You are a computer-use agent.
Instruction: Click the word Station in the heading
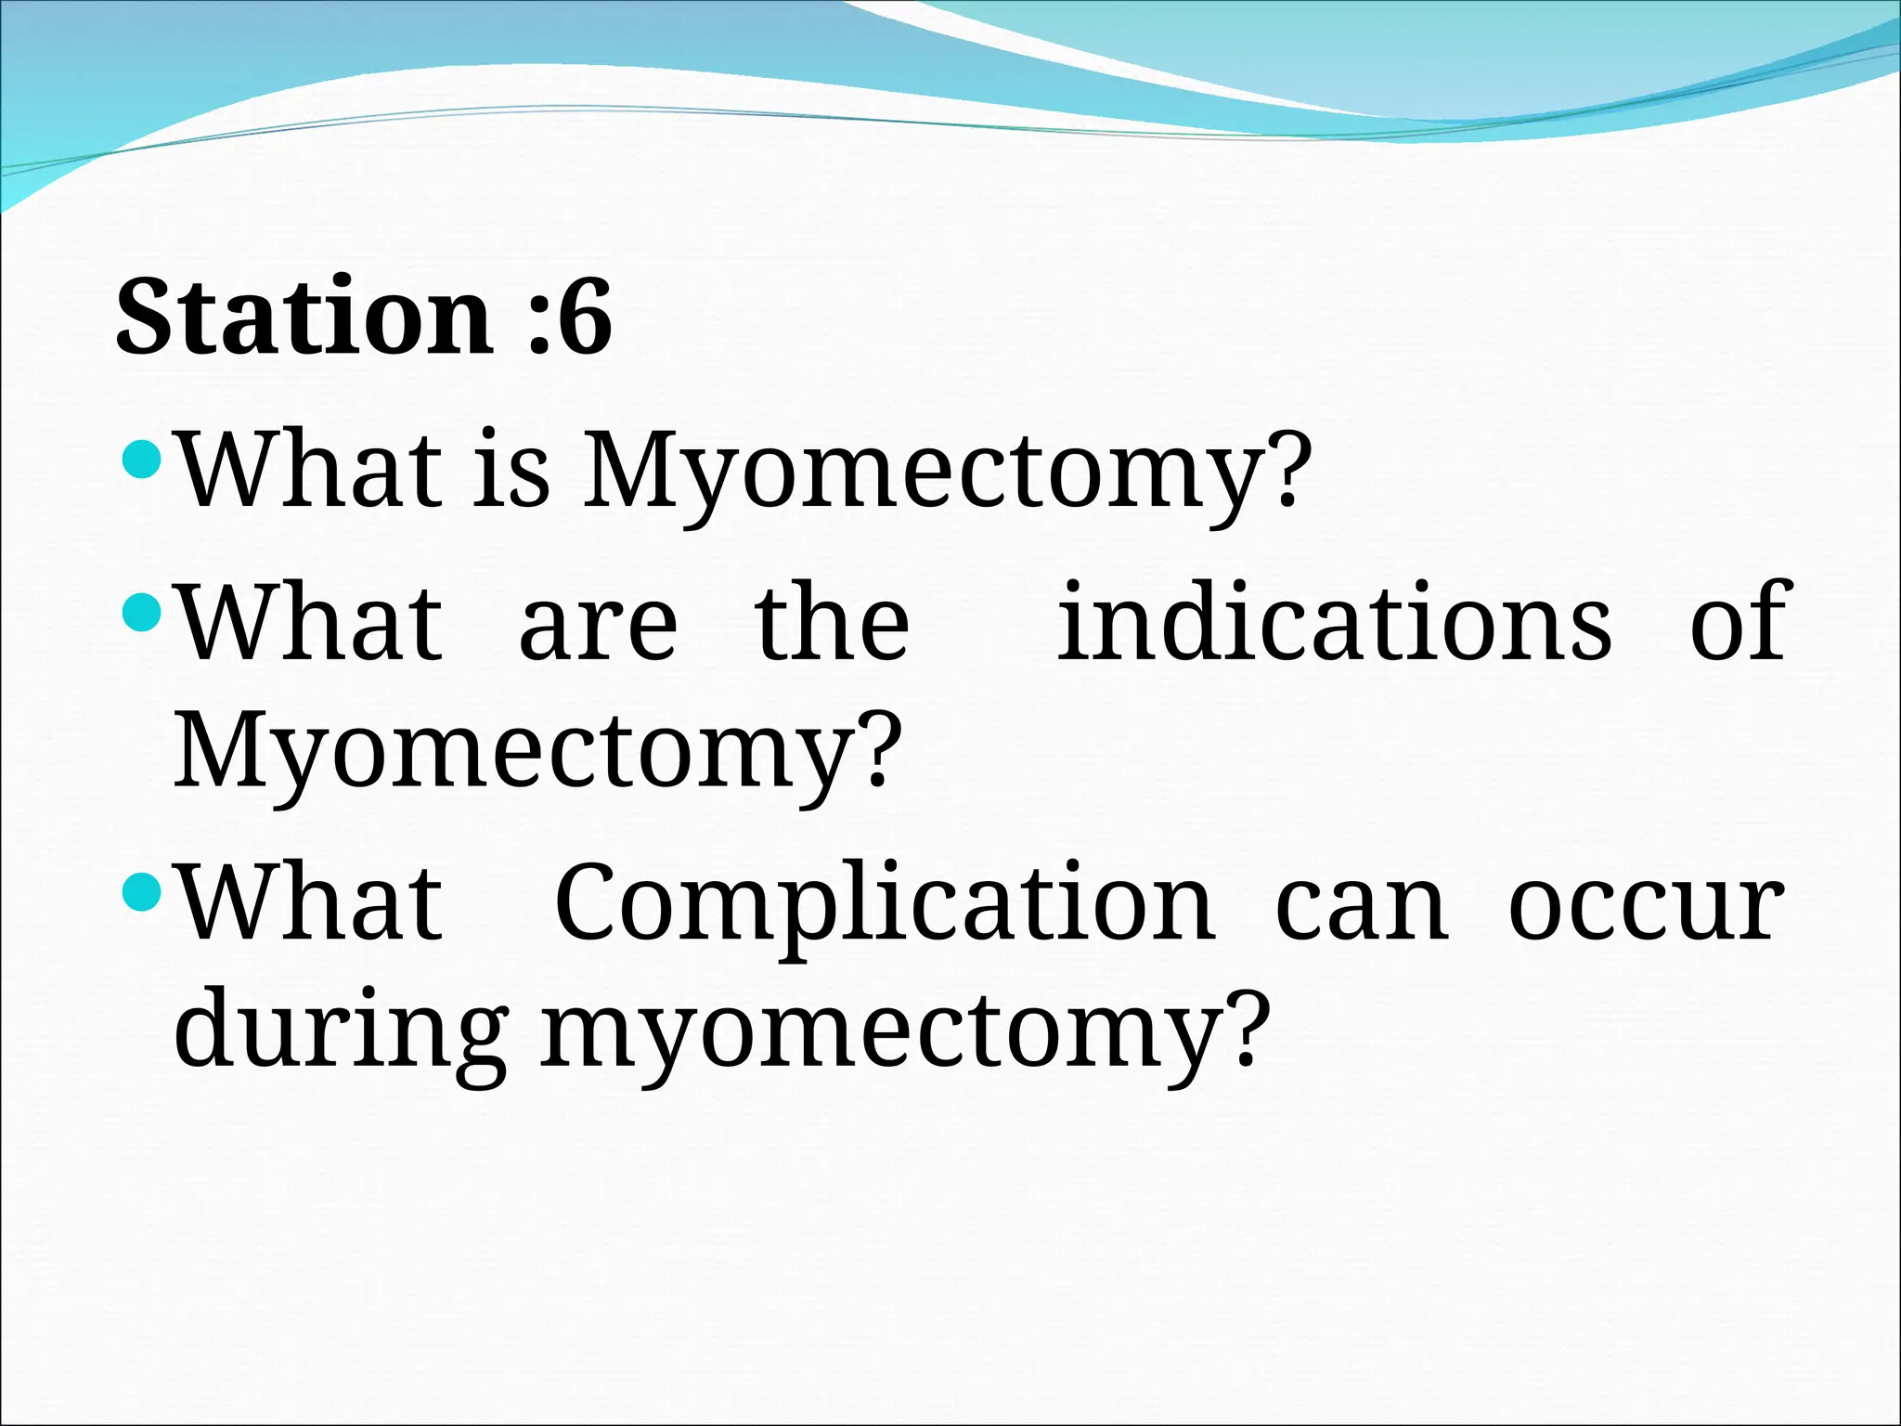pyautogui.click(x=303, y=318)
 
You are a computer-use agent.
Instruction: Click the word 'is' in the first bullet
pyautogui.click(x=511, y=470)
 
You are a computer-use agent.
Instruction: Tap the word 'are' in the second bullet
pyautogui.click(x=598, y=624)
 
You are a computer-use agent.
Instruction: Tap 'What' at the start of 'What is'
pyautogui.click(x=310, y=470)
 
